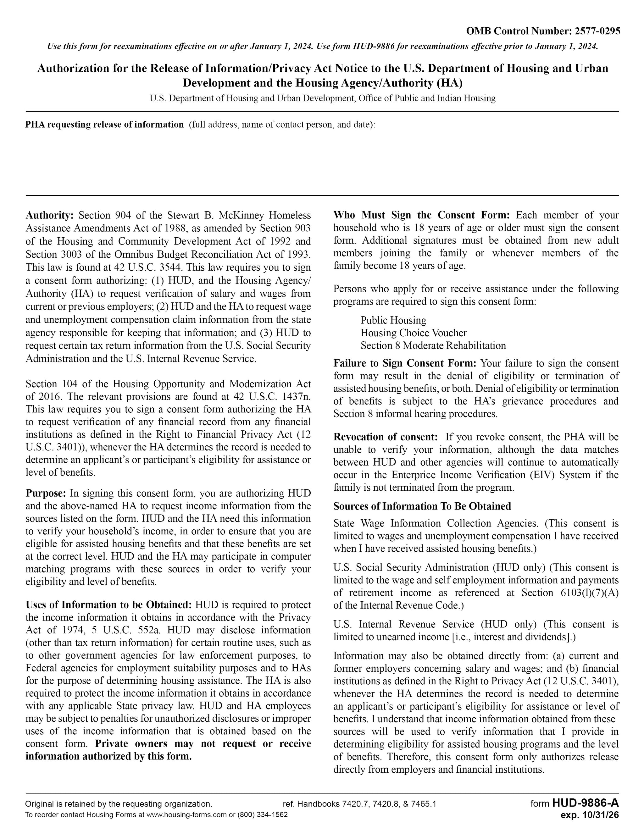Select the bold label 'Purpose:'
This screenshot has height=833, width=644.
click(x=46, y=493)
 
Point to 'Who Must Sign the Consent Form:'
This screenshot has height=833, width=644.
click(x=422, y=215)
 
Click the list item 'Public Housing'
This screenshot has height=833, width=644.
click(x=393, y=320)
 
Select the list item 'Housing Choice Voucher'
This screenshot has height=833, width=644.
click(x=414, y=333)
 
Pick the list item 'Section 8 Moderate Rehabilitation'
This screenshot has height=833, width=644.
click(x=433, y=345)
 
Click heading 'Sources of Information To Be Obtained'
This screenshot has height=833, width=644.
click(x=422, y=506)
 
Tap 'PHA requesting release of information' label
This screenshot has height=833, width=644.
click(x=104, y=125)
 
